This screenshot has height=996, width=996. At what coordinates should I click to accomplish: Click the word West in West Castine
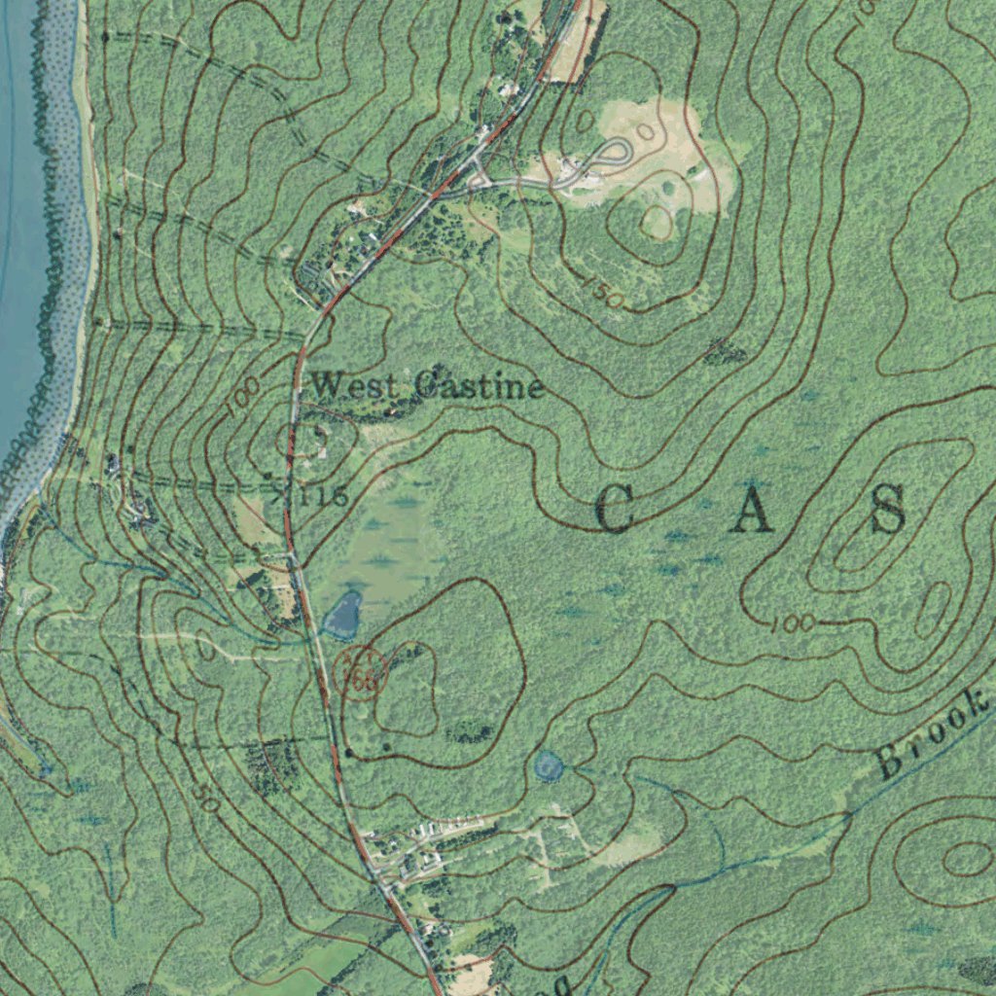tap(354, 386)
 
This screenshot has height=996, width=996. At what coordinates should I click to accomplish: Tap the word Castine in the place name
tap(478, 386)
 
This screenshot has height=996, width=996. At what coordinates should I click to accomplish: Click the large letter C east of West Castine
tap(614, 510)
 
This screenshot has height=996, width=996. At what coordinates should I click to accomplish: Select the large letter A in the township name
tap(752, 510)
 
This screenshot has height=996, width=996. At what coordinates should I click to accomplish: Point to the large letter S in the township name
tap(888, 510)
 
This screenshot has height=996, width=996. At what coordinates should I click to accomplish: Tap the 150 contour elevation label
tap(604, 292)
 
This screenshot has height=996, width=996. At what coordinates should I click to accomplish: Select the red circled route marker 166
tap(361, 670)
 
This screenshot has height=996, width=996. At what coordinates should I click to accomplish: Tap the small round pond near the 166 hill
tap(549, 766)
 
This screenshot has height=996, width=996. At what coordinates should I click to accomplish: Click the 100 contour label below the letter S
tap(792, 623)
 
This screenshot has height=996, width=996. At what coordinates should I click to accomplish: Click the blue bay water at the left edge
tap(19, 243)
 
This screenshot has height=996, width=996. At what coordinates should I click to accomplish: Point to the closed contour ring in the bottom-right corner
tap(966, 858)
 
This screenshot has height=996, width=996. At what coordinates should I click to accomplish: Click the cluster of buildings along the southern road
tap(409, 851)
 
